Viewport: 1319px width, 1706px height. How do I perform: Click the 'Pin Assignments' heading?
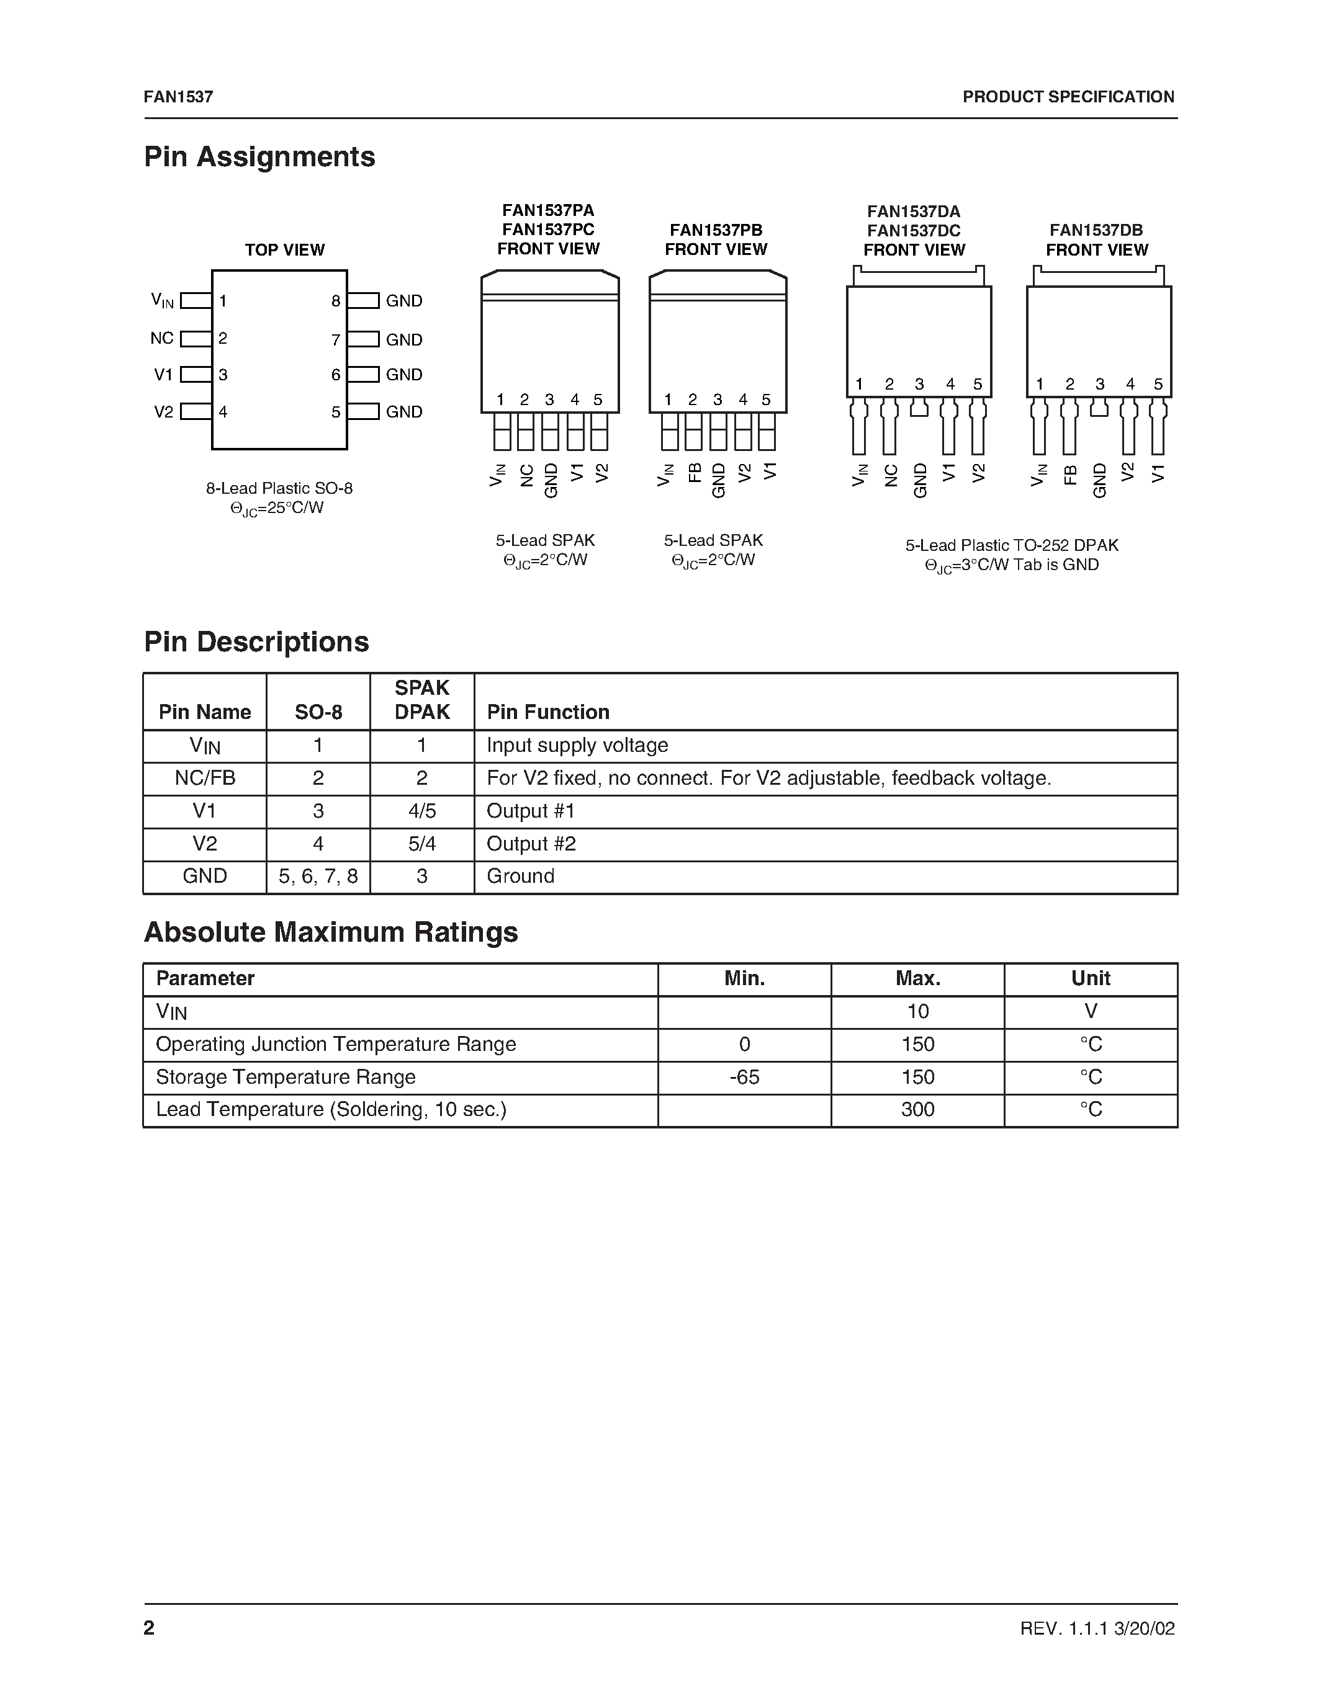[259, 157]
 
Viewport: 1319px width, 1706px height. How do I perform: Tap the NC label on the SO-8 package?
[162, 338]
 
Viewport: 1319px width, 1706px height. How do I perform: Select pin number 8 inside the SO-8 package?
[336, 301]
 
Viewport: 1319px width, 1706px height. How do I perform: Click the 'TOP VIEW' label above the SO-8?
[284, 250]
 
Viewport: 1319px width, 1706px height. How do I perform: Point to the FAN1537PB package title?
[716, 230]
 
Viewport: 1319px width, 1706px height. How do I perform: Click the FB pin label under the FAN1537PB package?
[694, 473]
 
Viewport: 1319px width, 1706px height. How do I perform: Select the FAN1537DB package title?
[1096, 230]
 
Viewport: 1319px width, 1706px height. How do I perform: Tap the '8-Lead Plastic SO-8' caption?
[279, 488]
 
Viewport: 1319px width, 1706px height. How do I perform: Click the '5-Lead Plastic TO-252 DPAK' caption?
[1012, 545]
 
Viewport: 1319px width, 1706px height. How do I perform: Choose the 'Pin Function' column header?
[547, 712]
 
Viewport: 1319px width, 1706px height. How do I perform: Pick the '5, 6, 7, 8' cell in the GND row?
[318, 877]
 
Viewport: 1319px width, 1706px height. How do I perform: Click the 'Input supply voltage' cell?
[577, 745]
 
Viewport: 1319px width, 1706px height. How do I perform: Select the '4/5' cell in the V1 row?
[422, 811]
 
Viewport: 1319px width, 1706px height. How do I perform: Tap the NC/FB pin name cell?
[205, 778]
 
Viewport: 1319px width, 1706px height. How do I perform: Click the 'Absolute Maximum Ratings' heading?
[331, 932]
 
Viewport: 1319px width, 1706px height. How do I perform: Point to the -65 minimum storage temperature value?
[744, 1077]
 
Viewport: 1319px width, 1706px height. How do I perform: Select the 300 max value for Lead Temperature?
[917, 1110]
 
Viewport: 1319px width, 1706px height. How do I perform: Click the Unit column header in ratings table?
[1090, 979]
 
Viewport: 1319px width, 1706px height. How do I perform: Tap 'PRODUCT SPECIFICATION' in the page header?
[1068, 97]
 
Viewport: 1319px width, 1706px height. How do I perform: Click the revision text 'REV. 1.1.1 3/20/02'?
[1097, 1628]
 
